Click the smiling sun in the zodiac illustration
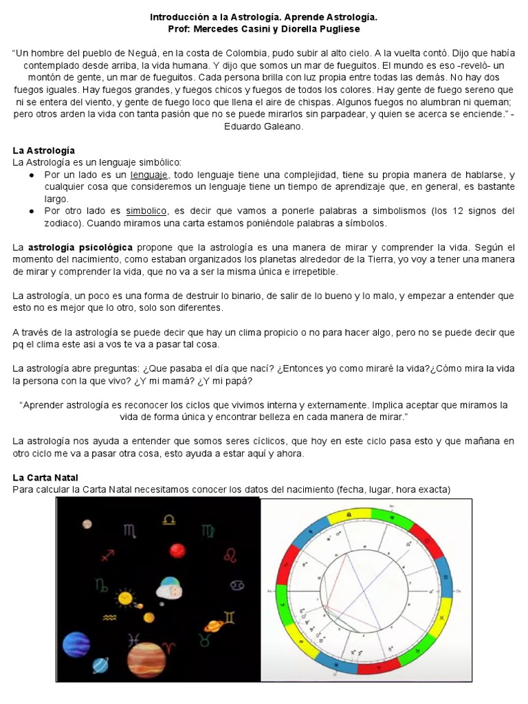pyautogui.click(x=125, y=599)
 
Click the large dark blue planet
pyautogui.click(x=76, y=644)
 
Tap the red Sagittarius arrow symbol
pyautogui.click(x=107, y=554)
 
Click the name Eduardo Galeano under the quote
pyautogui.click(x=263, y=126)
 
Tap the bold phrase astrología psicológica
pyautogui.click(x=80, y=247)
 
